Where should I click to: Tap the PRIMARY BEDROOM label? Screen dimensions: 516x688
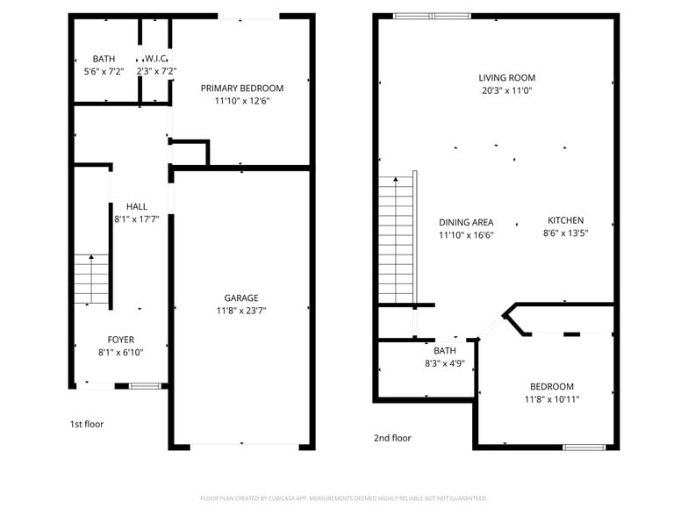242,88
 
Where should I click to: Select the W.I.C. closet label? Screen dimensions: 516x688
157,59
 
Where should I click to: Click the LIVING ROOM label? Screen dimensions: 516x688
506,77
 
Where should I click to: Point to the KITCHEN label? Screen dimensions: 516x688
565,220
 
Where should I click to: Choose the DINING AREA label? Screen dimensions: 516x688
466,222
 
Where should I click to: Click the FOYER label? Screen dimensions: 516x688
121,340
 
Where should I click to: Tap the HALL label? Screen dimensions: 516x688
136,206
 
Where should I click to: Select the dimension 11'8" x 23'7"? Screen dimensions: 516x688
241,311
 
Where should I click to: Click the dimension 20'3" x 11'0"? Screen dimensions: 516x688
506,90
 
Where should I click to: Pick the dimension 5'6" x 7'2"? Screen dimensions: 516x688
104,71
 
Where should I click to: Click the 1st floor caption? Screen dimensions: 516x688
87,424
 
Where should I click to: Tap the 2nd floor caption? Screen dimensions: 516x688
392,438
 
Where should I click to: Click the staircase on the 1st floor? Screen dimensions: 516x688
90,279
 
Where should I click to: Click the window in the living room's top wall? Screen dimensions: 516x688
431,15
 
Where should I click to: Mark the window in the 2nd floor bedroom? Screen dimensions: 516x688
584,448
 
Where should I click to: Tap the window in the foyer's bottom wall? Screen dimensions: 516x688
145,385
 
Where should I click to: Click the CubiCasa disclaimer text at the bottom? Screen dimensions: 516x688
343,498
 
